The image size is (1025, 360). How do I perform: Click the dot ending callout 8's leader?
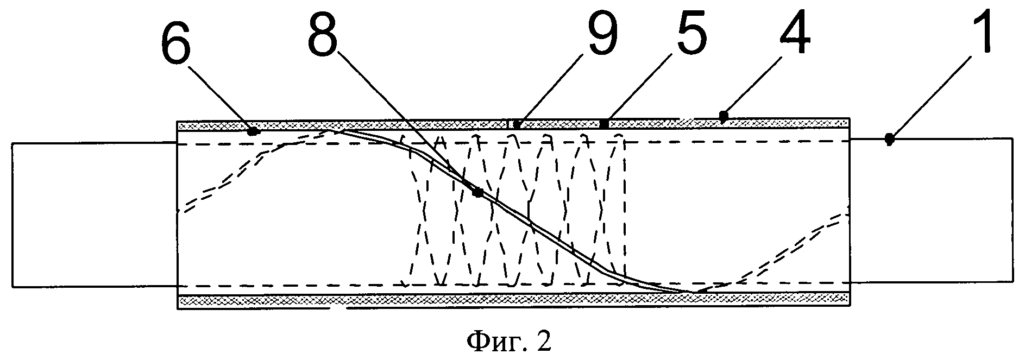(x=477, y=192)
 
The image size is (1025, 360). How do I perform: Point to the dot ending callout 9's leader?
(x=515, y=125)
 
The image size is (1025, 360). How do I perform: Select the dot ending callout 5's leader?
(x=603, y=124)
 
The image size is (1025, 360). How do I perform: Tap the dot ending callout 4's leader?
(x=723, y=116)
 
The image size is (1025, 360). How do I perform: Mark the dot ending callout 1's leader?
(x=889, y=140)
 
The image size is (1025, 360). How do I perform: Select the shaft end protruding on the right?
(x=931, y=210)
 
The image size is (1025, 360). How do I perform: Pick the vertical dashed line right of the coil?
(x=625, y=212)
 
